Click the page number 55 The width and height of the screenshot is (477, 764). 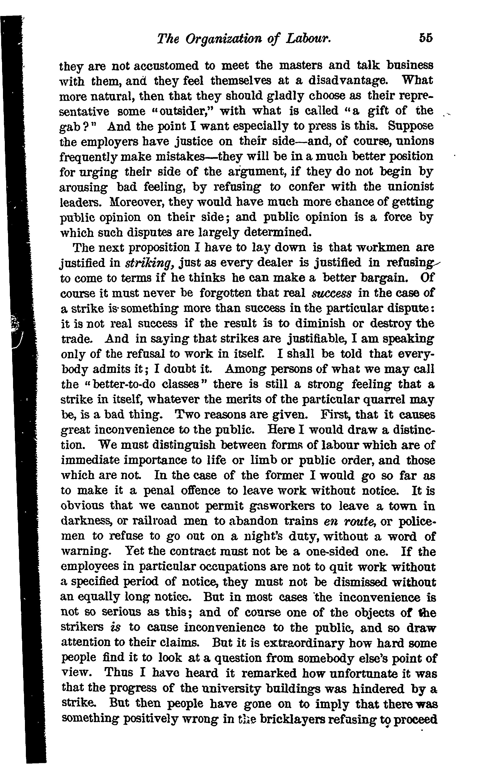(x=426, y=38)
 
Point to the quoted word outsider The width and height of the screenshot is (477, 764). (x=176, y=111)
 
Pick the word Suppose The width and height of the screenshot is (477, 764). (x=411, y=126)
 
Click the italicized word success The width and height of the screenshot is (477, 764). (x=331, y=293)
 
